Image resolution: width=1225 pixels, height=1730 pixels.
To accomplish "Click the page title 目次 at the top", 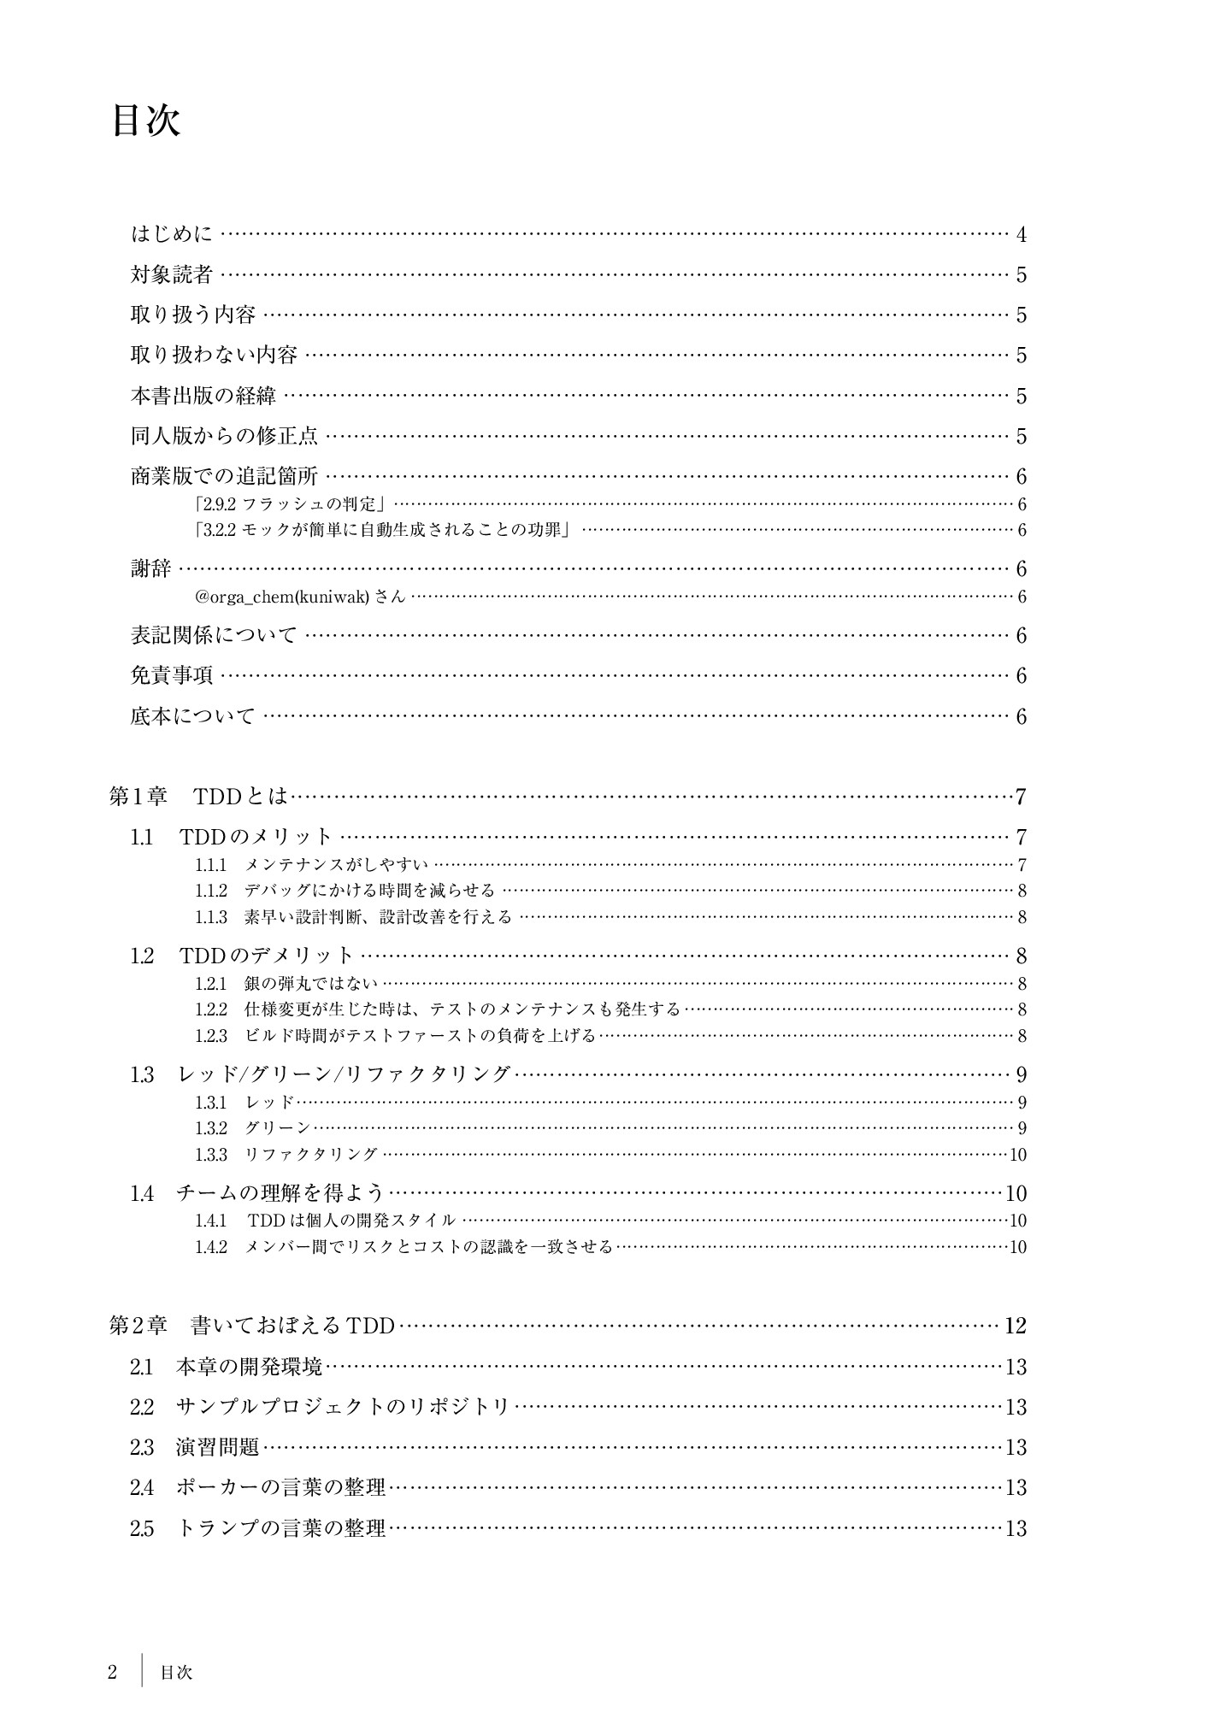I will [146, 121].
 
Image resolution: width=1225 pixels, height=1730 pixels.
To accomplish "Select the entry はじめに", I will [172, 234].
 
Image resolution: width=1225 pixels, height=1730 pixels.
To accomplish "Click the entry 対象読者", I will [172, 274].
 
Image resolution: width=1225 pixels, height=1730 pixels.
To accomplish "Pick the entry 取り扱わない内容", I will [214, 355].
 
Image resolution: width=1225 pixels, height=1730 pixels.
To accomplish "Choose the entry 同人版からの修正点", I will [224, 436].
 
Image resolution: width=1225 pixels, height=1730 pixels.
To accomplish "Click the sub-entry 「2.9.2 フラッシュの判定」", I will [292, 504].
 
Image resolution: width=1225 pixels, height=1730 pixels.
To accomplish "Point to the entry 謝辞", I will [151, 568].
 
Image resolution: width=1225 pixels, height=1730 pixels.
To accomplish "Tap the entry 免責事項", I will [172, 675].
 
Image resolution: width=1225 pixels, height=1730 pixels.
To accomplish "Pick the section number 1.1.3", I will [211, 917].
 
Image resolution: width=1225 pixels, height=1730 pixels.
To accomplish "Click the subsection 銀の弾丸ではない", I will [310, 984].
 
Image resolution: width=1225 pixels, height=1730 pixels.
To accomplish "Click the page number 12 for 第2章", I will [1016, 1326].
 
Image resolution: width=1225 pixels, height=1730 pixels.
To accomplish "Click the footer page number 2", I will [112, 1672].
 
